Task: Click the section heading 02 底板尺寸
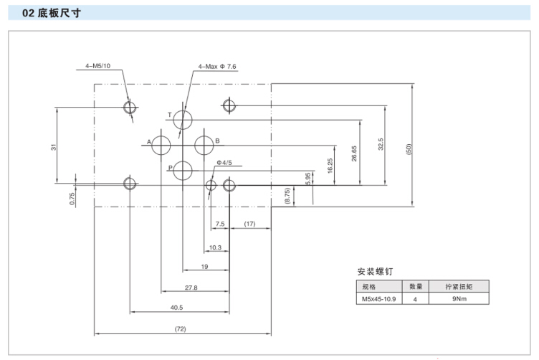coord(48,13)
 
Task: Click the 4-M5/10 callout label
coord(98,67)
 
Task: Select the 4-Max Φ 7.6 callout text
coord(217,67)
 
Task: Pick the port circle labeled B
coord(204,143)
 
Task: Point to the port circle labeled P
coord(183,170)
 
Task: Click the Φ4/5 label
coord(224,163)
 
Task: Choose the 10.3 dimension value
coord(215,247)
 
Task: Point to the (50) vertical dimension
coord(409,149)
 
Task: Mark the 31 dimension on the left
coord(54,147)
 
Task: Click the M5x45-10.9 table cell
coord(377,299)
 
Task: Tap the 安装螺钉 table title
coord(375,272)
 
